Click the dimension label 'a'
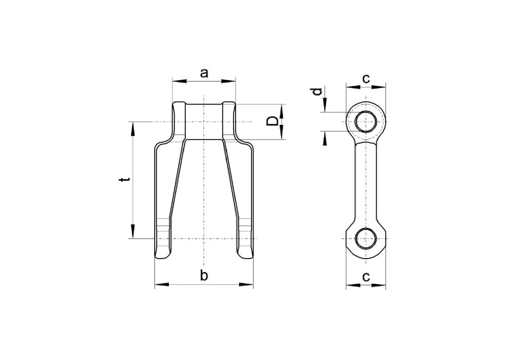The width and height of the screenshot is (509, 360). coord(204,73)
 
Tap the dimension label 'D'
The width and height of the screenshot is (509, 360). coord(272,121)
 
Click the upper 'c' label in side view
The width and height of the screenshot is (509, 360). coord(366,78)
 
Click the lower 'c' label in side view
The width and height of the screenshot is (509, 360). coord(366,277)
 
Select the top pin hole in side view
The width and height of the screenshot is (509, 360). coord(366,121)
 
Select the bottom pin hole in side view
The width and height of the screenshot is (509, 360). coord(366,239)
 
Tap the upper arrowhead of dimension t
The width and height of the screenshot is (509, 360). coord(133,128)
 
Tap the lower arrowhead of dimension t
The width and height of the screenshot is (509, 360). coord(133,232)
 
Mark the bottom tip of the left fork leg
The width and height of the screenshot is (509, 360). coord(164,258)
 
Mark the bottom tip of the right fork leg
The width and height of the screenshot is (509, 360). coord(244,258)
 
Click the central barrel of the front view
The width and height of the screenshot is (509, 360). coord(204,121)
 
